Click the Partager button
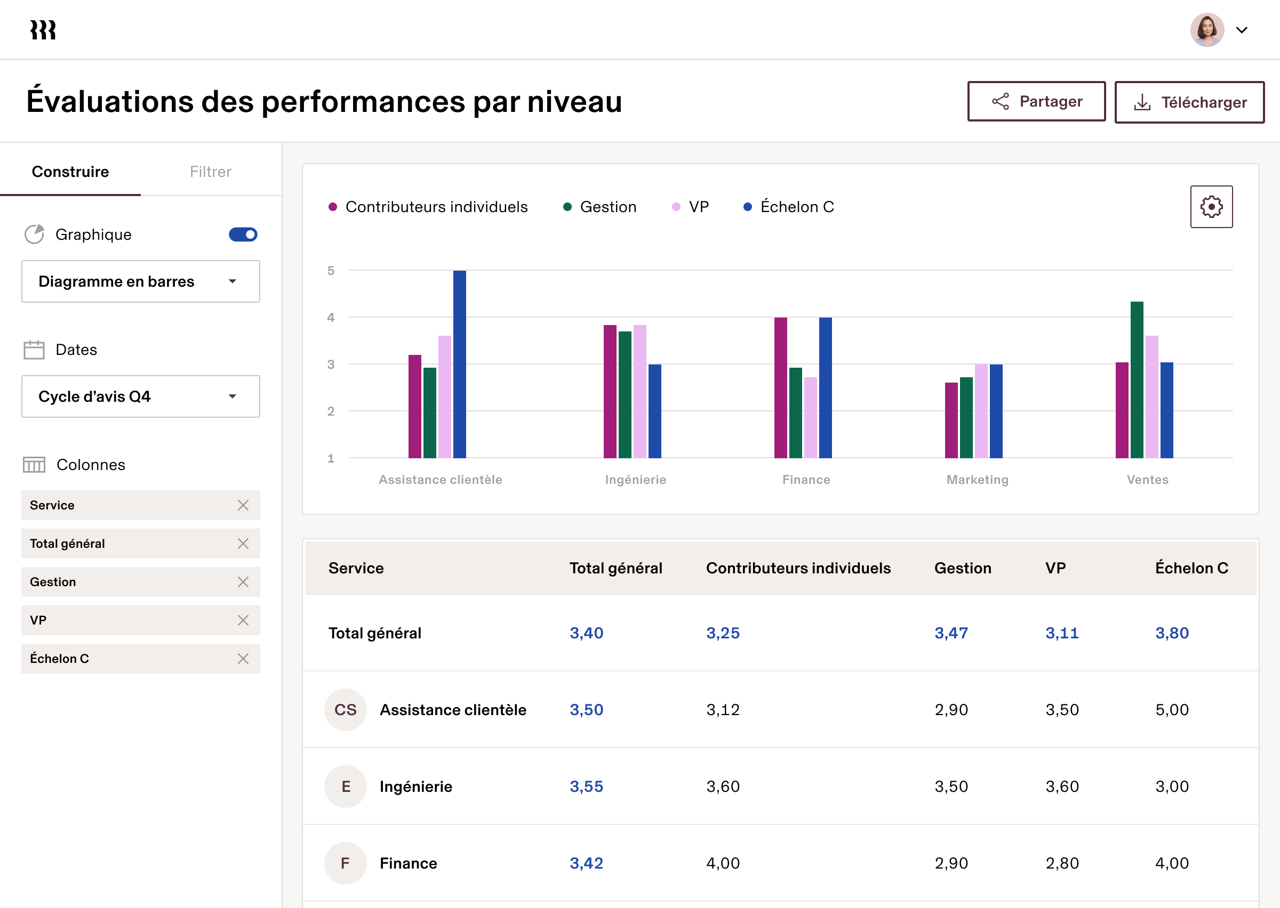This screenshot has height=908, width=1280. (x=1036, y=101)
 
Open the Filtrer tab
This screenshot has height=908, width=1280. (x=210, y=172)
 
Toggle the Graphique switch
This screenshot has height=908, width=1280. (x=243, y=234)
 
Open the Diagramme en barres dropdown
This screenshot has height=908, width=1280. (x=140, y=281)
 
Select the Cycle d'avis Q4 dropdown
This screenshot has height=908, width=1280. (x=140, y=396)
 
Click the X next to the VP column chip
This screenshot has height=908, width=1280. (x=243, y=620)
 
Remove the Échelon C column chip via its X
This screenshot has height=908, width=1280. (x=243, y=659)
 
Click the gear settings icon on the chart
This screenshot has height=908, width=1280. (x=1211, y=207)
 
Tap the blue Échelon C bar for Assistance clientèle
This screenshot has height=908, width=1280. (x=459, y=363)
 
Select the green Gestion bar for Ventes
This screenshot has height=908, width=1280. (x=1136, y=380)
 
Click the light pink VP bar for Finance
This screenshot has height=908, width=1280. (x=810, y=417)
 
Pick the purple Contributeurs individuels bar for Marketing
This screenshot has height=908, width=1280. (x=951, y=420)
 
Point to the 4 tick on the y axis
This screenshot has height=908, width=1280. (x=331, y=318)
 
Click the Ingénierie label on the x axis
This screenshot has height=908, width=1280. (x=636, y=480)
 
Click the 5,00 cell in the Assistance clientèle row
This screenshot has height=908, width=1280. (x=1172, y=710)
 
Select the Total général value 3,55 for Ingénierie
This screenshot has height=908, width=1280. (x=586, y=786)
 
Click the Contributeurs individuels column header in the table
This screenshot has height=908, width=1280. (x=798, y=568)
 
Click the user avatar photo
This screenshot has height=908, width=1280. (x=1207, y=30)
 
